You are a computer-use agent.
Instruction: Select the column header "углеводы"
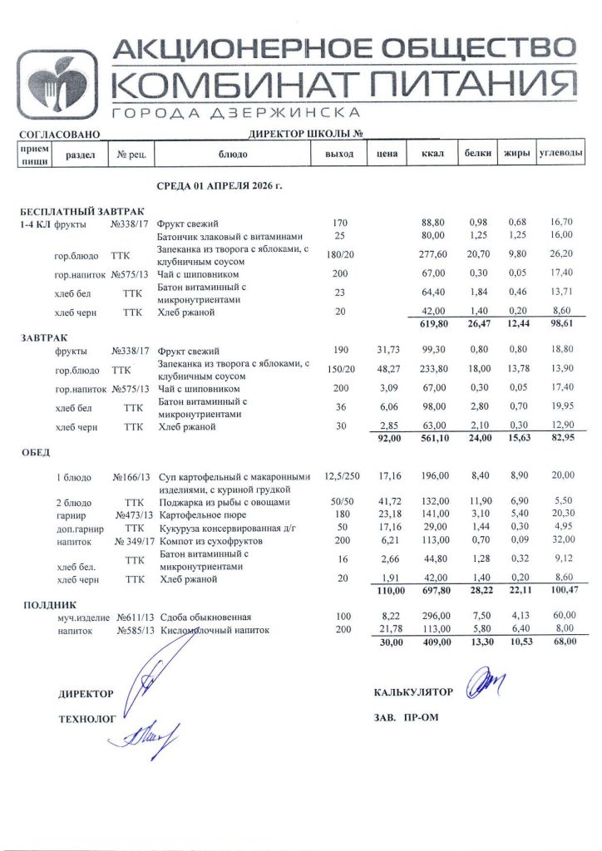coord(560,155)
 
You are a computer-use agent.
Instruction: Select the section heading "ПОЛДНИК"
coord(49,604)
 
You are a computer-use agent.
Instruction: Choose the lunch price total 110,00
coord(388,591)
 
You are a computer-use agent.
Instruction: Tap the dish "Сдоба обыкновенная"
coord(205,617)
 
